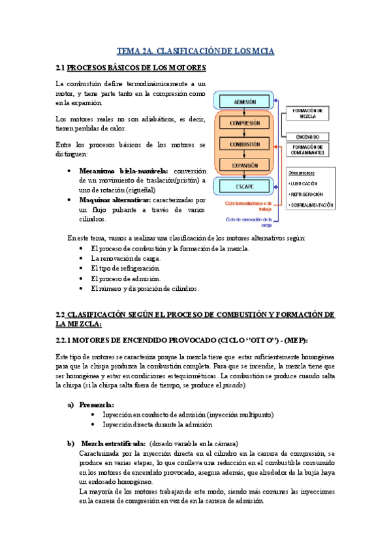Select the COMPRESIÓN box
pos(243,122)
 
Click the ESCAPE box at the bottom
pos(243,187)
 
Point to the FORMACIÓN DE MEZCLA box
pos(308,113)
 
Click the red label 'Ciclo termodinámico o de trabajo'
pos(248,205)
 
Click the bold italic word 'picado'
pos(231,385)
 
